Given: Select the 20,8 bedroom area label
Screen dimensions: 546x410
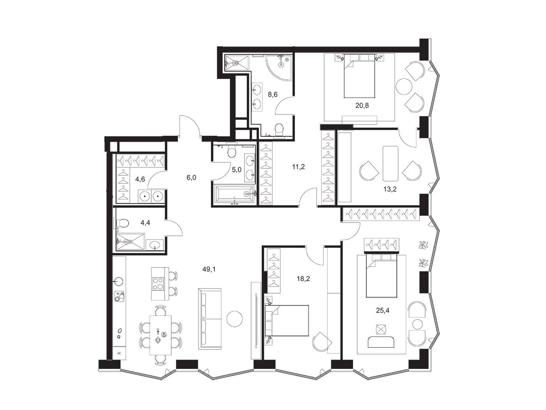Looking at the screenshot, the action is (362, 105).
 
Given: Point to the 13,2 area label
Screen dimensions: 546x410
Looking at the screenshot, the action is (390, 189).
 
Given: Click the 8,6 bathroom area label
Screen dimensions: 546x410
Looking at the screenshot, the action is (273, 94).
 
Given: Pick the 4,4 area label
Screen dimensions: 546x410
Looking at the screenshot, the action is (145, 223).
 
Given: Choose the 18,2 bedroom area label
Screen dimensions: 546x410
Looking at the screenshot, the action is (303, 279).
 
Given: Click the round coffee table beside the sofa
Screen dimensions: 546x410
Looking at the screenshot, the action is (234, 319).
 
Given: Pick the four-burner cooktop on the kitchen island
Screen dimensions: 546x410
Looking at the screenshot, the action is (158, 284).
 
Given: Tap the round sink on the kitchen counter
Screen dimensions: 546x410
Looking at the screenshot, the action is (119, 282).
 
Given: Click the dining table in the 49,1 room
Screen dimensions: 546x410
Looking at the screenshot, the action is (161, 335).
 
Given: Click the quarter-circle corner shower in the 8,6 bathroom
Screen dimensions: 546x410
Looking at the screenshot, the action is (278, 67).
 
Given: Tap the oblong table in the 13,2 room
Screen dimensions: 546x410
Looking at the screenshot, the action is (390, 164).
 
